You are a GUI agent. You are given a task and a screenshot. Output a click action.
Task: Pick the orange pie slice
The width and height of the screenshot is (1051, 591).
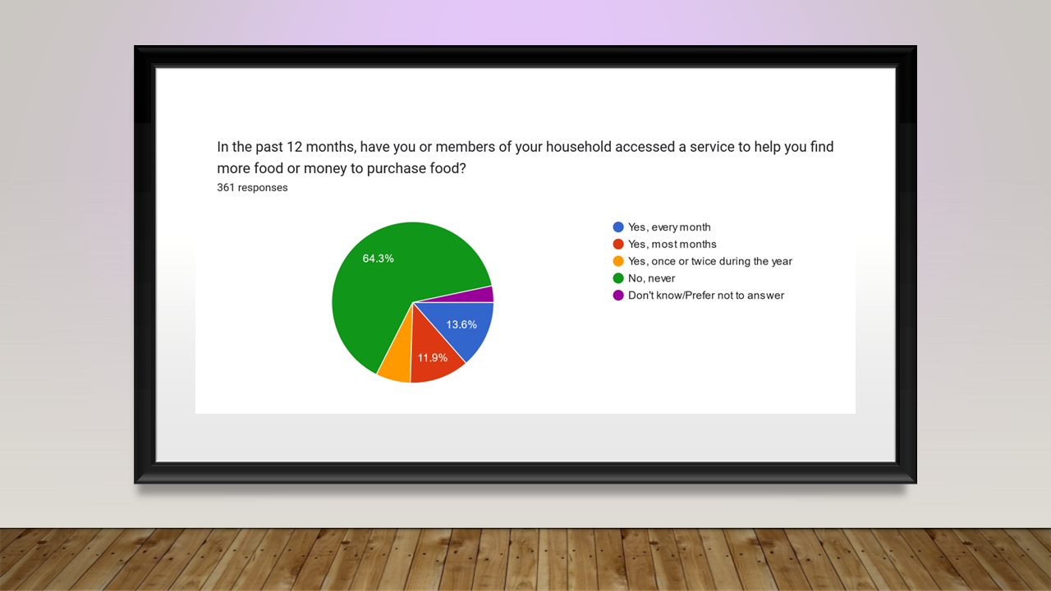(397, 366)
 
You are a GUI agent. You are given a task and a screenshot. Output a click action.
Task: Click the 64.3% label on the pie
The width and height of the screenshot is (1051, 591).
(379, 259)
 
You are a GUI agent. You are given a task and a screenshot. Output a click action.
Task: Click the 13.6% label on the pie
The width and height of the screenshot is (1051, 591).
(461, 324)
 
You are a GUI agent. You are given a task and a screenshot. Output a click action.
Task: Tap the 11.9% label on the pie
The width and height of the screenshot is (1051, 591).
(432, 358)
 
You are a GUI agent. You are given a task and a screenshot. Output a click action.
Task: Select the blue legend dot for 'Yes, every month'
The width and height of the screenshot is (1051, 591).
(618, 227)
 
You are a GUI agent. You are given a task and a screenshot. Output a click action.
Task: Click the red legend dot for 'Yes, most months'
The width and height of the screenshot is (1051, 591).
(618, 244)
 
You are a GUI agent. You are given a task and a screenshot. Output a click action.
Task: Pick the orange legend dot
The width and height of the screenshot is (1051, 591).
(618, 261)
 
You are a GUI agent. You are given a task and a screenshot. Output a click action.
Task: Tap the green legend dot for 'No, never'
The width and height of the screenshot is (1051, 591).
(618, 278)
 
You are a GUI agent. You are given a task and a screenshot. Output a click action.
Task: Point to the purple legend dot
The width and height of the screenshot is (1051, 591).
(618, 295)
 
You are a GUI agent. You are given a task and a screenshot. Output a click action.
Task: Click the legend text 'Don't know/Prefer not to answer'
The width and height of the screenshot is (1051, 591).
(706, 295)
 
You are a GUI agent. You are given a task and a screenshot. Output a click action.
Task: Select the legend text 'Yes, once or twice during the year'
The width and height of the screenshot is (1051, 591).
(710, 261)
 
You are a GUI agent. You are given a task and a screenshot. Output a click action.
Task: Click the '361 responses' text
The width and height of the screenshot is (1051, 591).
(252, 188)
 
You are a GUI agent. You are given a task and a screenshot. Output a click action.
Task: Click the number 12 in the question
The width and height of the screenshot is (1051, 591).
(294, 147)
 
